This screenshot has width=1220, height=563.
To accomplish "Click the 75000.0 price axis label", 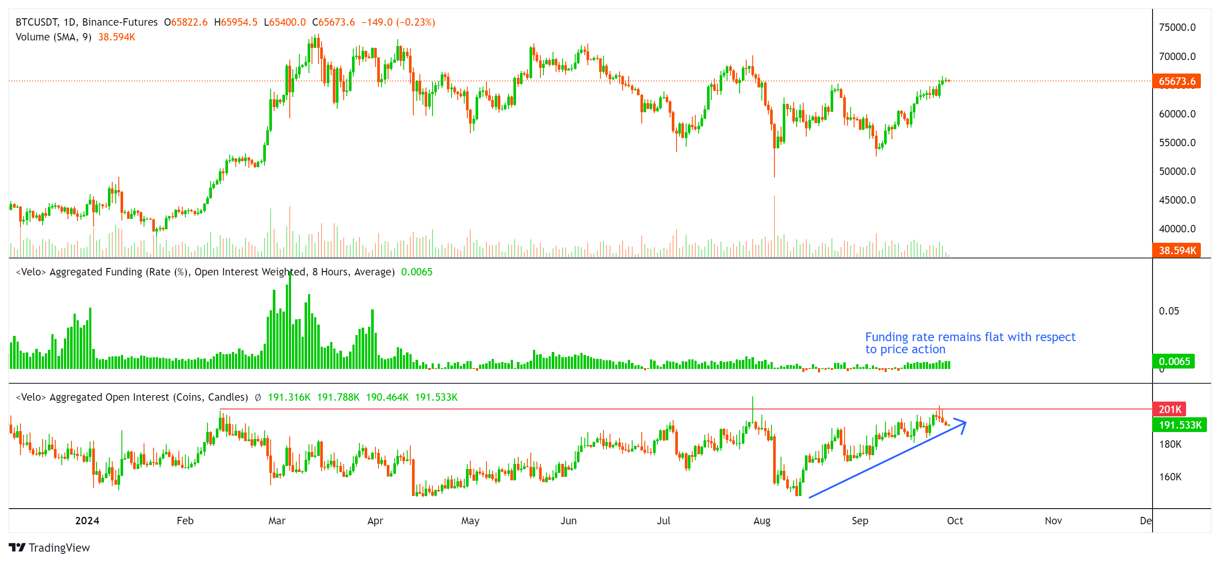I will pos(1177,27).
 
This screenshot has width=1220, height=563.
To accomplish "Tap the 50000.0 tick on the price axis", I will pos(1177,171).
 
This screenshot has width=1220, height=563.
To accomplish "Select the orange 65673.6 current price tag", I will pos(1176,81).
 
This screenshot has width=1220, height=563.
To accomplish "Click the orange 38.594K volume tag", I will pos(1176,251).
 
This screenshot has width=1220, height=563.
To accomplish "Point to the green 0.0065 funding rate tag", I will pos(1173,362).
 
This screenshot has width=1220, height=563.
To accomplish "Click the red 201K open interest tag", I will pos(1170,409).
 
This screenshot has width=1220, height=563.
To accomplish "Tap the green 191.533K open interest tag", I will pos(1179,425).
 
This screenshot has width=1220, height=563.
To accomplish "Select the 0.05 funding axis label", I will pos(1168,311).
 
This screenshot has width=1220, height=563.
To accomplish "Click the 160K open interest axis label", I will pos(1170,477).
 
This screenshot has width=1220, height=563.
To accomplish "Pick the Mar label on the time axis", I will pos(277,521).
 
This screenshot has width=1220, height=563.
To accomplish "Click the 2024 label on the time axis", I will pos(87,521).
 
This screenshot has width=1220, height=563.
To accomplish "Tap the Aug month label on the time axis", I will pos(761,521).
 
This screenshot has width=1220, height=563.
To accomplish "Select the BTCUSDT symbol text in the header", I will pos(37,22).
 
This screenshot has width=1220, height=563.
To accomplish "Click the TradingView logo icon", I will pos(17,548).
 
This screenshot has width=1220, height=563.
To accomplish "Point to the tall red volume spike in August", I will pos(774,223).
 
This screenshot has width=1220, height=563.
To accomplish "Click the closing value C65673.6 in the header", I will pos(333,22).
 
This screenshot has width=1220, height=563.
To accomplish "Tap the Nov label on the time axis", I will pos(1053,521).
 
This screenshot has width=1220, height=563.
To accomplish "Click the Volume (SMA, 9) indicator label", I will pos(54,37).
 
